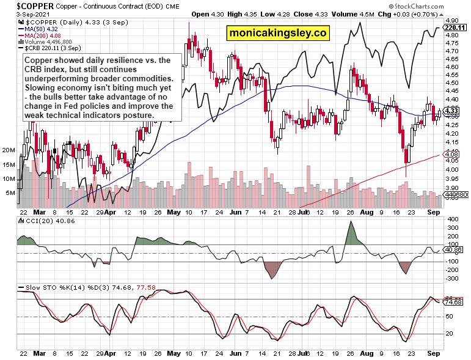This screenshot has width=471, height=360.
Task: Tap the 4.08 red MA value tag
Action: click(x=451, y=155)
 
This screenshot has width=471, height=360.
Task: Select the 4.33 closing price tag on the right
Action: click(x=451, y=111)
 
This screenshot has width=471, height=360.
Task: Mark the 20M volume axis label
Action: click(x=9, y=150)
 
